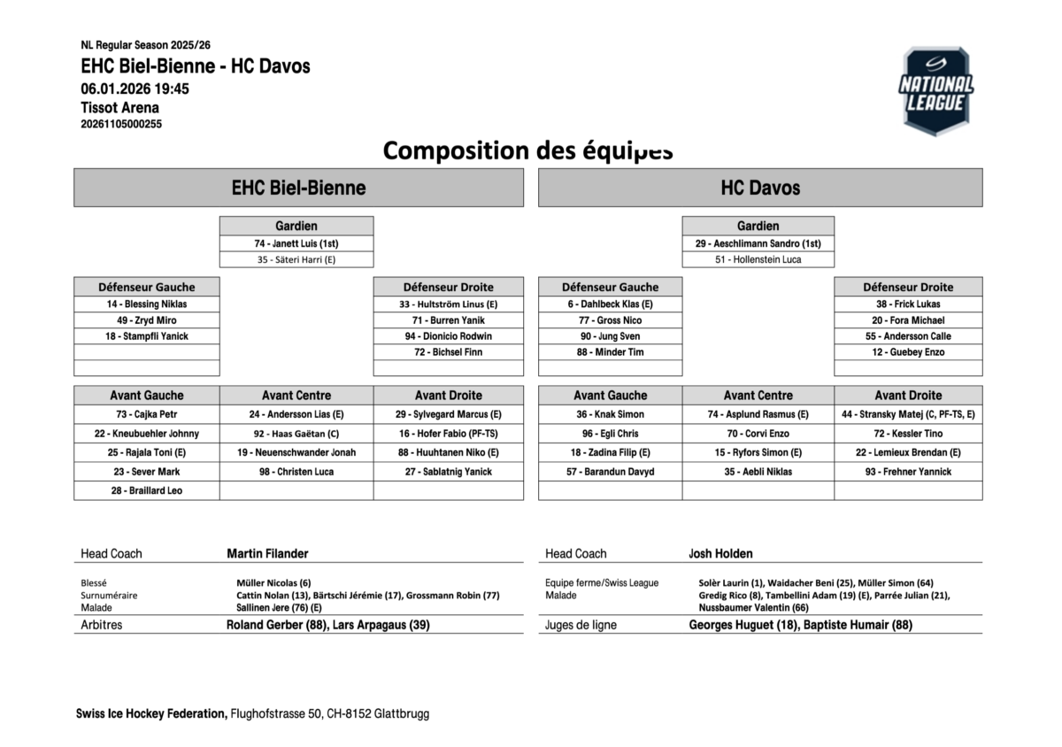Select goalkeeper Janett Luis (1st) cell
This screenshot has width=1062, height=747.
coord(296,243)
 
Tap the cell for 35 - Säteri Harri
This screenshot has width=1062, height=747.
coord(296,259)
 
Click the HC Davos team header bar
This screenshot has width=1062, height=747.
coord(759,188)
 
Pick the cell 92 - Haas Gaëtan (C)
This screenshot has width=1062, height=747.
coord(296,434)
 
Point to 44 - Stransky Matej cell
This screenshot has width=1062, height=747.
coord(908,414)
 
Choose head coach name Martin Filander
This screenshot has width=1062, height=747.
coord(267,553)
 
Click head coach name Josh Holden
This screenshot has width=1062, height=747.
coord(720,553)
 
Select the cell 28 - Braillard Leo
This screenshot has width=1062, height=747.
coord(147,490)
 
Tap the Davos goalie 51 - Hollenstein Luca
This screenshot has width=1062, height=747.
coord(758,259)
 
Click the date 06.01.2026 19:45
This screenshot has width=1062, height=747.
coord(135,89)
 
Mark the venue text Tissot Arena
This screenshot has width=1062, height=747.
coord(120,108)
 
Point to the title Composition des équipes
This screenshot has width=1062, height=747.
coord(527,150)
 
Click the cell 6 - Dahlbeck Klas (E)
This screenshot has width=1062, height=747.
coord(610,304)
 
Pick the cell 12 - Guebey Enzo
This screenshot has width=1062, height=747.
coord(908,352)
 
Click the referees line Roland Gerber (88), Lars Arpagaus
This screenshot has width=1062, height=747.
coord(328,625)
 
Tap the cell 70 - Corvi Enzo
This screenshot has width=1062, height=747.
coord(758,434)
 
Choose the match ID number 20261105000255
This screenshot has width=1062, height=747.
coord(121,125)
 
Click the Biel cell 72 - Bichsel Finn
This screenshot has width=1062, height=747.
coord(448,352)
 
